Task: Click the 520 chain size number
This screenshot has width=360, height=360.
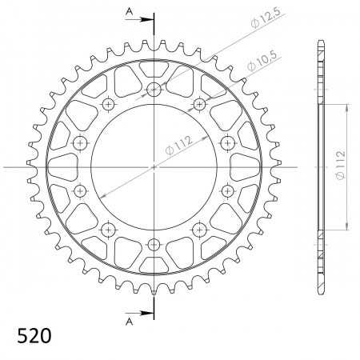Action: coord(34,335)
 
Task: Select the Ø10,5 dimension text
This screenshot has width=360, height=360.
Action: coord(261,61)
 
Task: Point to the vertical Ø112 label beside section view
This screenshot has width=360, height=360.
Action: coord(341,166)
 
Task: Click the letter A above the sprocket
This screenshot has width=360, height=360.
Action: coord(129,11)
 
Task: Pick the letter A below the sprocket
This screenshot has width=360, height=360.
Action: coord(129,322)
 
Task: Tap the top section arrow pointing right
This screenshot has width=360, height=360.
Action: coord(139,19)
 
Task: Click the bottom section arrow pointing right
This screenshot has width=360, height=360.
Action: coord(139,313)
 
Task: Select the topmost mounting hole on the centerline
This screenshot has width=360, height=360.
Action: coord(154,90)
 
